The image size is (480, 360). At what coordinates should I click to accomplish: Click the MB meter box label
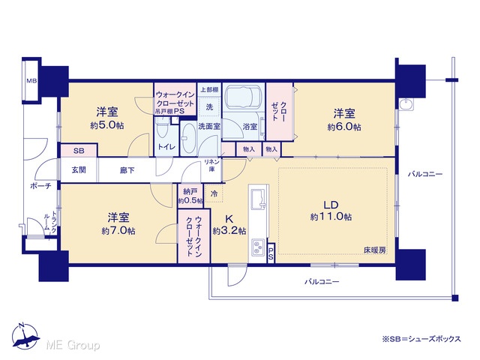pos(31,81)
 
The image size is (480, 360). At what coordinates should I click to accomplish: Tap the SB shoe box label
pos(79,151)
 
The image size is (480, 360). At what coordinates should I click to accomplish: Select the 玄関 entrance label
pos(79,170)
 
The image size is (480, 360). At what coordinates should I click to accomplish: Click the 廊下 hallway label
pos(127,170)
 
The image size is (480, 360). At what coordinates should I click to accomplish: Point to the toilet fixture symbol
pos(160,129)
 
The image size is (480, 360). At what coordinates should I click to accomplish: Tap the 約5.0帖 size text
pos(106,125)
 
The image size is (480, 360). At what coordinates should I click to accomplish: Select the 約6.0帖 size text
pos(344,127)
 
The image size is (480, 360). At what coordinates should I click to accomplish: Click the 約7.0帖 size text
pos(118,230)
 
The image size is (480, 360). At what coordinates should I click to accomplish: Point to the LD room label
pos(331,205)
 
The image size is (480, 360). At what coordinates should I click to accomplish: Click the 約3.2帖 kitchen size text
pos(229,230)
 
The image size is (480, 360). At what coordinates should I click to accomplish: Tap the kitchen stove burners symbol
pos(259,247)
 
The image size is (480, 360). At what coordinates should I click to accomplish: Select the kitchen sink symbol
pos(259,197)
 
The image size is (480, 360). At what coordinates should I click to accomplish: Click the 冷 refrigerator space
pos(214,193)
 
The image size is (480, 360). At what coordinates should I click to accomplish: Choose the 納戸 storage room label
pos(190,192)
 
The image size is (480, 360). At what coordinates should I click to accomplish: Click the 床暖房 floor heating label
pos(375,250)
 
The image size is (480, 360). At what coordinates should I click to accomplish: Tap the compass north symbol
pos(25,336)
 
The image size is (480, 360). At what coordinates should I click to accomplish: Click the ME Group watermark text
pos(73,345)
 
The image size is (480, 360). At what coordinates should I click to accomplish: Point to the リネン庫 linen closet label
pos(211,165)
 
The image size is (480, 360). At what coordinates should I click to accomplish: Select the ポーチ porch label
pos(40,185)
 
